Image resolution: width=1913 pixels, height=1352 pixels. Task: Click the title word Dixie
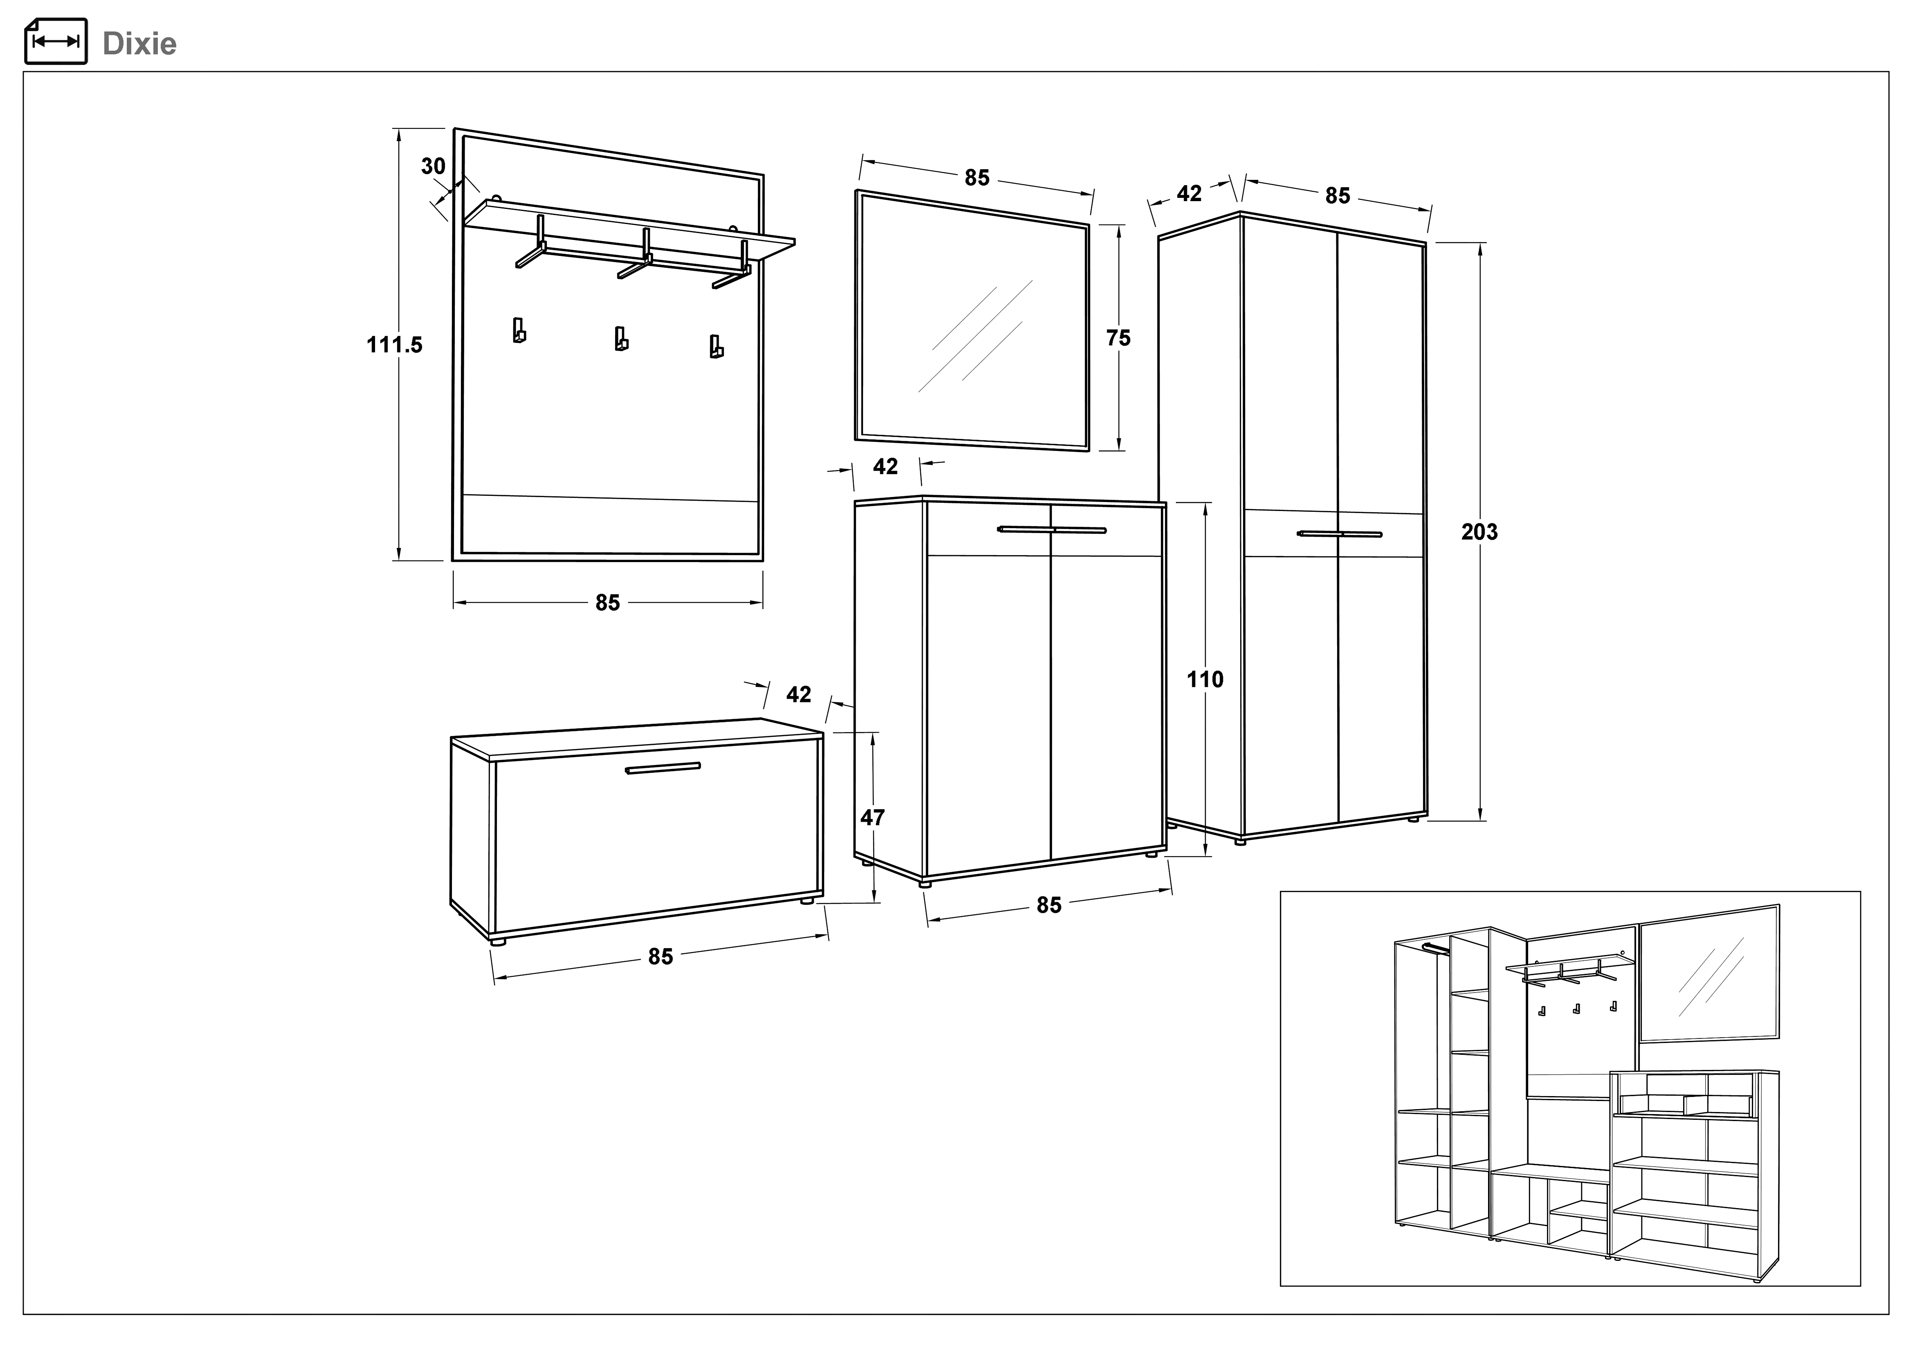pyautogui.click(x=139, y=43)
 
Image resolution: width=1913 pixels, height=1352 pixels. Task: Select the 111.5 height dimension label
pyautogui.click(x=394, y=344)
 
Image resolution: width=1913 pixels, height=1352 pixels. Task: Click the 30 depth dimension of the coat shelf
pyautogui.click(x=432, y=167)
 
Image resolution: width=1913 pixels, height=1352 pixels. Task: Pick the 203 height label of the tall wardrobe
pyautogui.click(x=1479, y=531)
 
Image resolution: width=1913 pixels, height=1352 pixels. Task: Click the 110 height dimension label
pyautogui.click(x=1205, y=680)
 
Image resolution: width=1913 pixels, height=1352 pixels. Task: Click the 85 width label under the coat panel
pyautogui.click(x=607, y=602)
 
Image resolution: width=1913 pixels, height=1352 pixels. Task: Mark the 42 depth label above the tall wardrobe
pyautogui.click(x=1189, y=193)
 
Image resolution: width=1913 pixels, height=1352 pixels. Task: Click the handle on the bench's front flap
pyautogui.click(x=662, y=768)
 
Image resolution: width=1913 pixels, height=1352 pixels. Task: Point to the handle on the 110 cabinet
pyautogui.click(x=1052, y=529)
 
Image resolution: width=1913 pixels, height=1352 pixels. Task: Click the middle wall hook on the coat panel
pyautogui.click(x=621, y=338)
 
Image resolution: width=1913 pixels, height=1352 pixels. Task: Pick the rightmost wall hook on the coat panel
pyautogui.click(x=716, y=347)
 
